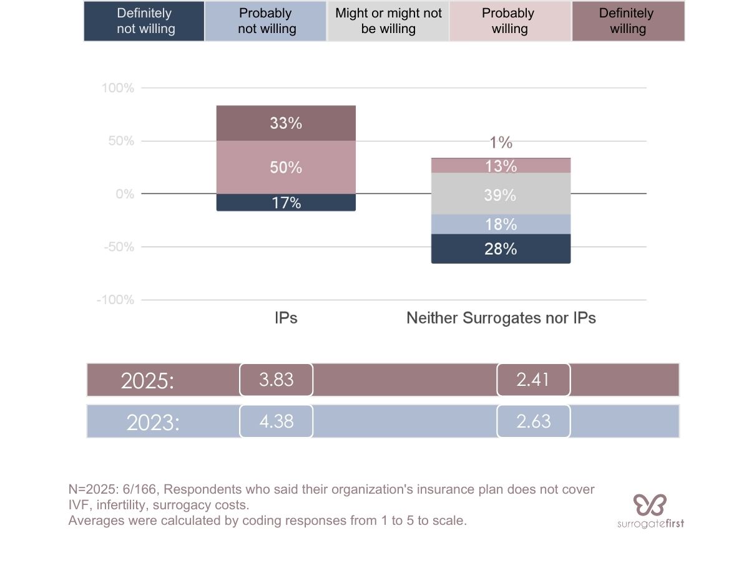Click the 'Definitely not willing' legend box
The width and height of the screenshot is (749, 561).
coord(144,21)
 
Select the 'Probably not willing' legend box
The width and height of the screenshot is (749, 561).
coord(266,21)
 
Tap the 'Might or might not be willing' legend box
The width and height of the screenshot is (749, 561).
coord(388,21)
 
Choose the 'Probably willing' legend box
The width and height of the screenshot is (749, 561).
coord(510,21)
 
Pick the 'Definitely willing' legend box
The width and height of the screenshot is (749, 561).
coord(628,21)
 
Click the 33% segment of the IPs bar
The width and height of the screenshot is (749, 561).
coord(286,123)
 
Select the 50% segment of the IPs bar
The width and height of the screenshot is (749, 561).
coord(286,167)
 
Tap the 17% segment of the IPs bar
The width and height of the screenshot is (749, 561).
coord(286,203)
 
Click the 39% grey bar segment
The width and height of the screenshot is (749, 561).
coord(501,194)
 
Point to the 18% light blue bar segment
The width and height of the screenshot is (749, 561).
coord(501,224)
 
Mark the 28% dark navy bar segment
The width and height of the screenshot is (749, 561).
coord(501,249)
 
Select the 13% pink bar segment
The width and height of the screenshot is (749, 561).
coord(501,166)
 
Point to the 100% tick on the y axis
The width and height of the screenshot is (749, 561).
coord(118,88)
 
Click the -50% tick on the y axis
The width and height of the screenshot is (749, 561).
coord(118,247)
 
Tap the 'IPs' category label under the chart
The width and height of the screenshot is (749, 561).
coord(286,318)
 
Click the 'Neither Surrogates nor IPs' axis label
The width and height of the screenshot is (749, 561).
coord(501,318)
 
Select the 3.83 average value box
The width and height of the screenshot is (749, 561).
coord(276,380)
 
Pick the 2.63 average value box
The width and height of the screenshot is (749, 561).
coord(534,421)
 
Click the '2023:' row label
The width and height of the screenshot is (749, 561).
coord(153,423)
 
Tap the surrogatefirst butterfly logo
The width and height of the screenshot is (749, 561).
coord(650,504)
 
